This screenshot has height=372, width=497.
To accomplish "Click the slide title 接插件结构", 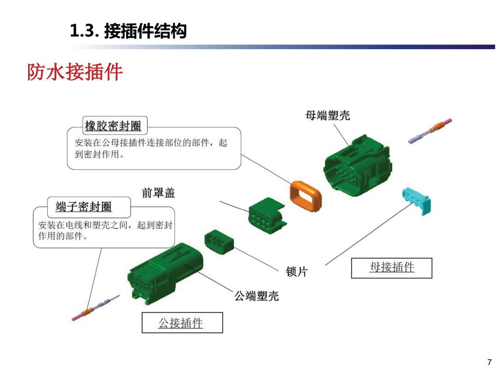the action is (145, 31).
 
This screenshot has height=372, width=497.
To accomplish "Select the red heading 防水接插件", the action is (75, 72).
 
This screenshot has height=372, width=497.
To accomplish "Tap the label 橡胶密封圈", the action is (113, 126).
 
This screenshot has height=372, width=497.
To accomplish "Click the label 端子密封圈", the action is (84, 207).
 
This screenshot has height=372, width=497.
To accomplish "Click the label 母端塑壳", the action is (328, 115).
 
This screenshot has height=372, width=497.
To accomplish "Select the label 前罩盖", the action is (158, 192).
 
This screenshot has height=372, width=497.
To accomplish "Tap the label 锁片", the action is (297, 271).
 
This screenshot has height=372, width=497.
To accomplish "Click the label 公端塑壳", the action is (256, 296).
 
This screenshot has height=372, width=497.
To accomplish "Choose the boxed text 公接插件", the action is (181, 323).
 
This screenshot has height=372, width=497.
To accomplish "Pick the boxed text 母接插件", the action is (392, 267).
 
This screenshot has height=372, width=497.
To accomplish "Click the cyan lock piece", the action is (417, 201).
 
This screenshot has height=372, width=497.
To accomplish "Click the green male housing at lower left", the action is (165, 274).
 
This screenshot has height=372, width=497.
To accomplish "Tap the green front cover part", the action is (267, 216).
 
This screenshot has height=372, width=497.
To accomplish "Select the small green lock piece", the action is (219, 242).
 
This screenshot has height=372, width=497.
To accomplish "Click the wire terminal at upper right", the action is (430, 131).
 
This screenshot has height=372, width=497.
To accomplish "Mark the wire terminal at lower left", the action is (96, 308).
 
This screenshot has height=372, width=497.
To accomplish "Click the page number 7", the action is (489, 362).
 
